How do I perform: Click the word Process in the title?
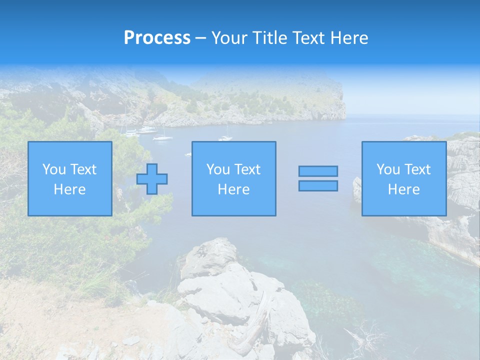coord(157,38)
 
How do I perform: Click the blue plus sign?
coord(152,179)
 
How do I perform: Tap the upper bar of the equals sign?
coord(318,171)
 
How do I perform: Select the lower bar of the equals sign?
coord(318,186)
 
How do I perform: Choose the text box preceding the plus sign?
coord(69,178)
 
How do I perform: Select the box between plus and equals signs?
coord(233,178)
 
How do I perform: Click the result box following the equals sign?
coord(403,178)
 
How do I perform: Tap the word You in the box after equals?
coord(388,169)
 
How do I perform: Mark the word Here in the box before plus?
coord(69,189)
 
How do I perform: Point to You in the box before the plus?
coord(54,169)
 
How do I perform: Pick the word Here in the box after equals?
coord(403,189)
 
